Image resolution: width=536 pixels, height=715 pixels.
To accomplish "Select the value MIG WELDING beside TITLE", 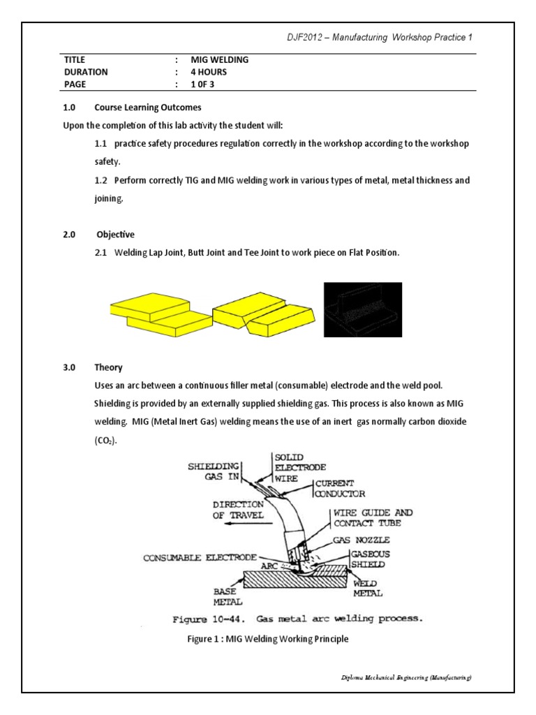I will coord(220,59).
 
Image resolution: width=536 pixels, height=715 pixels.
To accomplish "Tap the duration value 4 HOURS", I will coord(209,72).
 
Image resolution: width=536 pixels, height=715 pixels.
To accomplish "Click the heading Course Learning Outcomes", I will coord(147,108).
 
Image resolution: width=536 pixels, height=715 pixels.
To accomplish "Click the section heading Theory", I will coord(108,367).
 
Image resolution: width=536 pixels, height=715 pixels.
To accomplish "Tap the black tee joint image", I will coord(362,310).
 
